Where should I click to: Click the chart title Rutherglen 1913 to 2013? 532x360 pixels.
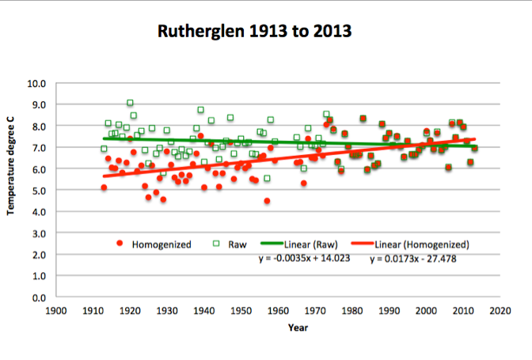tap(266, 32)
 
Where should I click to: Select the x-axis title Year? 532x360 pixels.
tap(298, 328)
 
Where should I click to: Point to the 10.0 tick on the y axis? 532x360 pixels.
tap(38, 83)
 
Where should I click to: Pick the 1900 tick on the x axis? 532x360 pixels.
tap(55, 311)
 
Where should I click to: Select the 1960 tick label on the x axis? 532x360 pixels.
tap(278, 311)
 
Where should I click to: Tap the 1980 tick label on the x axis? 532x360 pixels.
tap(352, 311)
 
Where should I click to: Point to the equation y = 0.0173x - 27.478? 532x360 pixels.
tap(416, 258)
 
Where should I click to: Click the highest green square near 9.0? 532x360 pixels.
tap(130, 103)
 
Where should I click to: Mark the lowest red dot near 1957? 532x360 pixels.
tap(267, 201)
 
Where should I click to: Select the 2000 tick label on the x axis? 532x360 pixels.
tap(426, 311)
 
